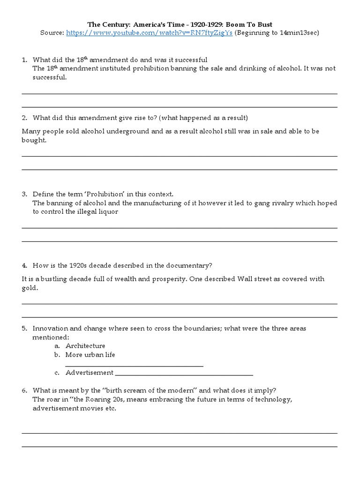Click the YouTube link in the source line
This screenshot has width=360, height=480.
tap(149, 33)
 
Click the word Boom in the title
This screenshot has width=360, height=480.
tap(247, 24)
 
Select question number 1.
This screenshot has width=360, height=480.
tap(24, 60)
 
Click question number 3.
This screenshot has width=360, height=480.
tap(24, 194)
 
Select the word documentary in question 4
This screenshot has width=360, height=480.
tap(192, 265)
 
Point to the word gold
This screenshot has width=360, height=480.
tap(30, 288)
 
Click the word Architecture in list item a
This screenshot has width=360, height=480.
tap(85, 346)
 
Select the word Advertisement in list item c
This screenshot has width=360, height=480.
tap(89, 373)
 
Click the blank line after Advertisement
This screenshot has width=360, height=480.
tap(184, 374)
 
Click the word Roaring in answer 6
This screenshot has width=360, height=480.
tap(94, 399)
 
